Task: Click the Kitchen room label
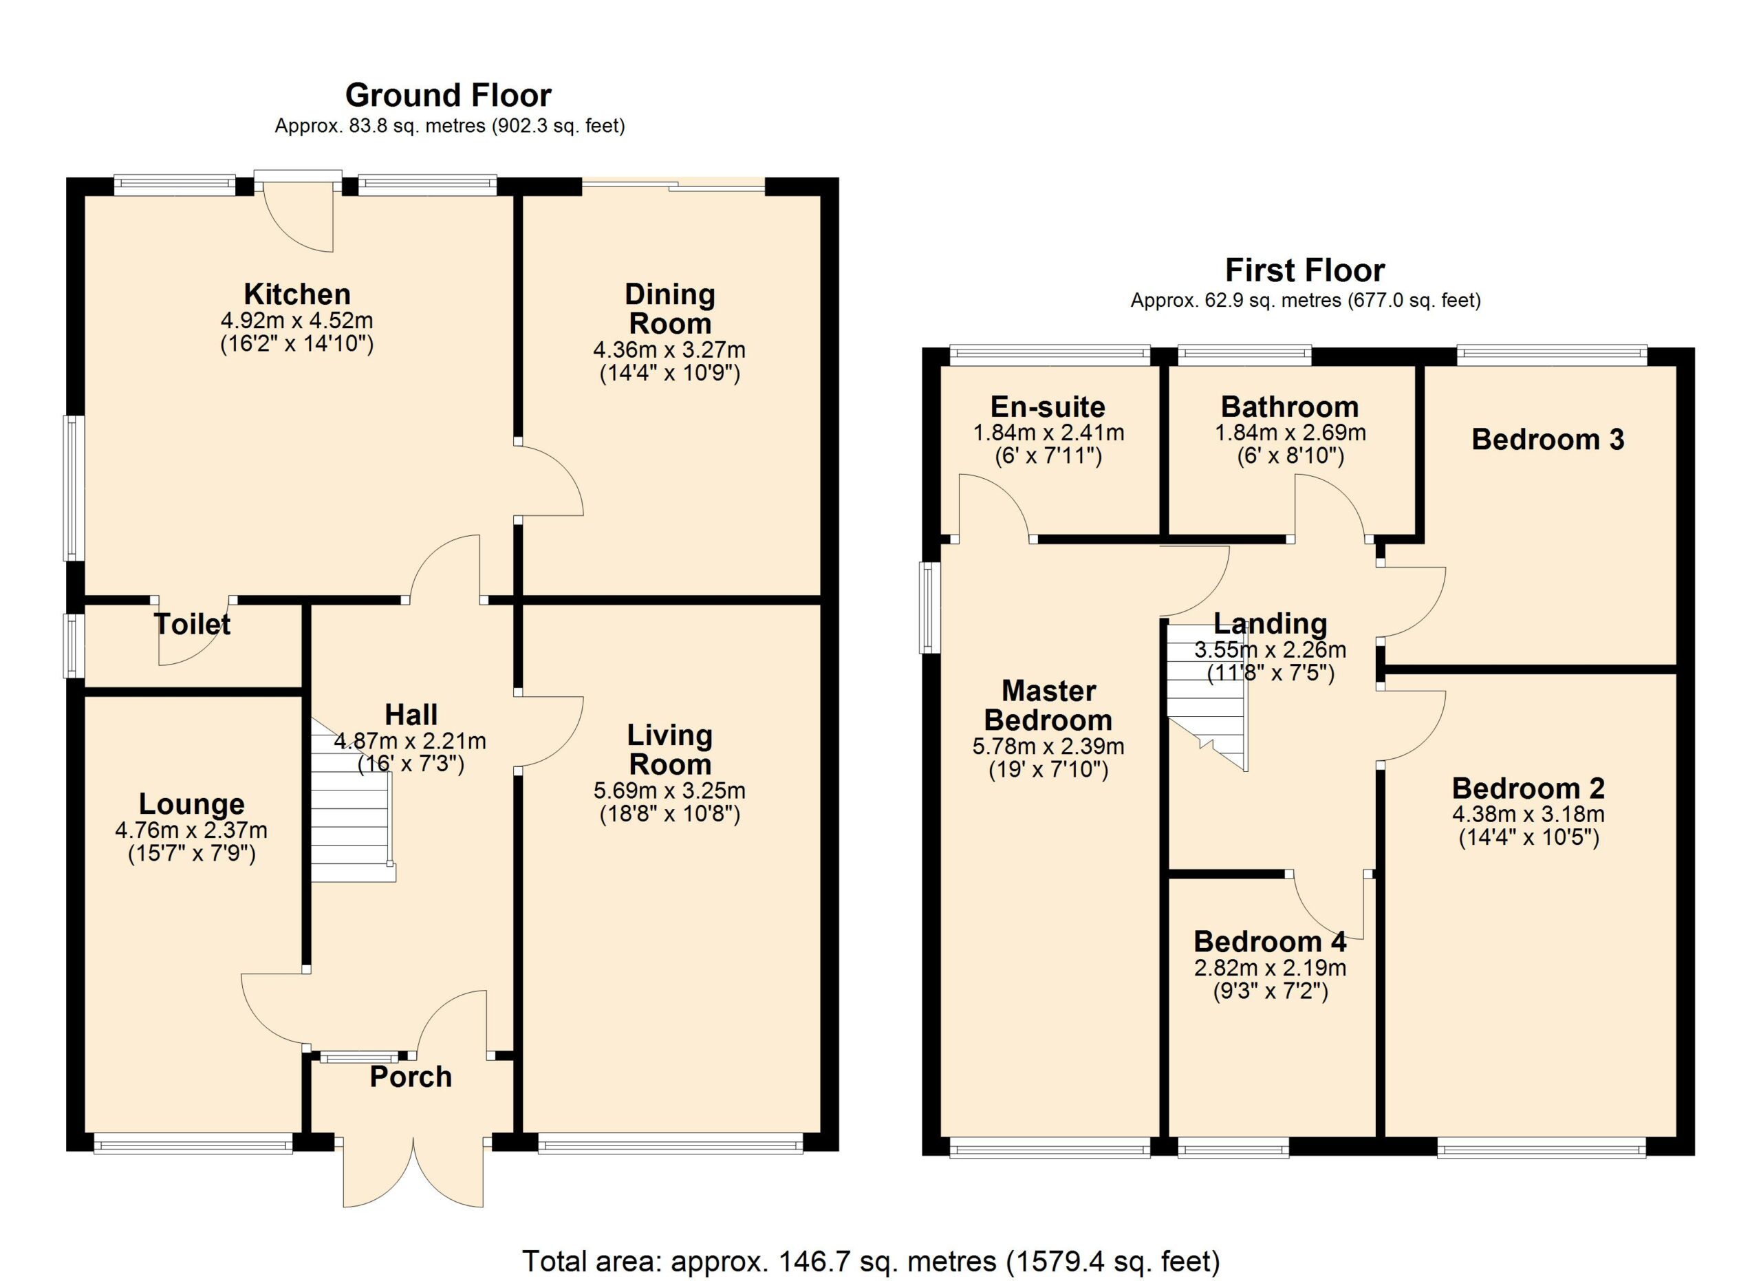point(297,294)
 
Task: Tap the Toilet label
point(193,624)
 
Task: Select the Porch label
point(411,1077)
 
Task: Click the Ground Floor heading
point(448,96)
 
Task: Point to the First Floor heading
point(1304,270)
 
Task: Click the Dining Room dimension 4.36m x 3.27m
point(669,349)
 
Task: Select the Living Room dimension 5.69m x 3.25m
point(669,790)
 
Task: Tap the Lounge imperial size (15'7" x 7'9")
point(192,854)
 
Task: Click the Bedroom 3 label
point(1548,440)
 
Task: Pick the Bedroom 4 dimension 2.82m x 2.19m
point(1271,967)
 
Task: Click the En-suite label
point(1048,407)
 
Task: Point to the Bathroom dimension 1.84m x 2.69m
point(1290,433)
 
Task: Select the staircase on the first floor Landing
point(1208,696)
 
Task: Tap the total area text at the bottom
point(870,1261)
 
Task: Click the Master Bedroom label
point(1048,705)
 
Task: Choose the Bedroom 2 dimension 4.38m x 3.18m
point(1528,815)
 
